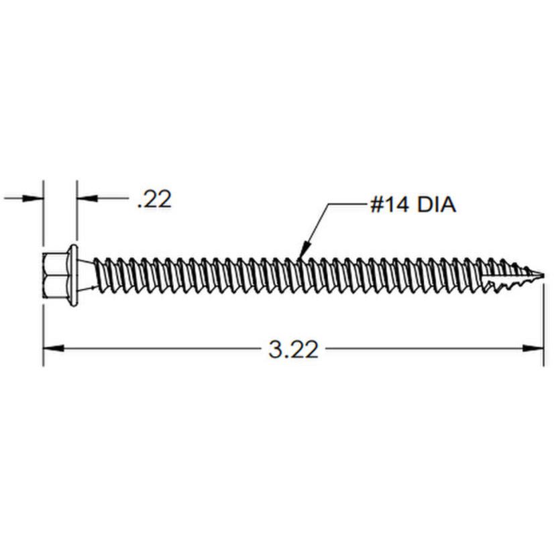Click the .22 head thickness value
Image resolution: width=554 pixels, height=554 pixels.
(154, 199)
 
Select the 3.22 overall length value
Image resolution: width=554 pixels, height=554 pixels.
(293, 349)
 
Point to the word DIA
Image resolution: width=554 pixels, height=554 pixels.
(436, 205)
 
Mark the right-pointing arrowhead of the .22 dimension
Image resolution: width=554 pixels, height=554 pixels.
(34, 199)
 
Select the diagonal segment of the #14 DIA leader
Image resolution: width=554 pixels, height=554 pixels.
(315, 228)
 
